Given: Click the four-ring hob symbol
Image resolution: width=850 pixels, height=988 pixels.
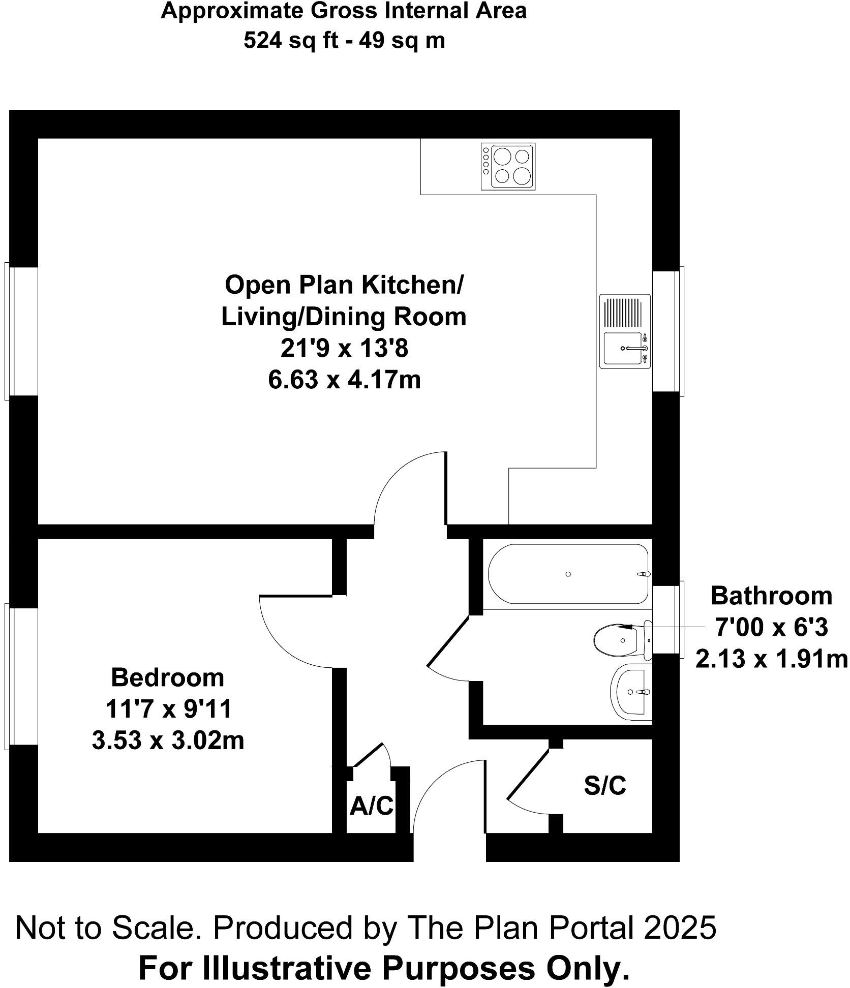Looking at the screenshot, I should point(508,167).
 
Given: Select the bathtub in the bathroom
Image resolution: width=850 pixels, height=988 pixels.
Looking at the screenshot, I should point(568,574).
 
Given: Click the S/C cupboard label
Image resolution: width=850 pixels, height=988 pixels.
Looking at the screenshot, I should point(604,786).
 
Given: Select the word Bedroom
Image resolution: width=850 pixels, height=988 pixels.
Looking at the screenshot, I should point(167,677).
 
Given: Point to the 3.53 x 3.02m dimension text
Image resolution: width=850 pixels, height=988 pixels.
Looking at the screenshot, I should point(168,740).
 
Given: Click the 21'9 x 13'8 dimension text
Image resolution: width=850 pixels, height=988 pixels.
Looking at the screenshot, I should point(344,348).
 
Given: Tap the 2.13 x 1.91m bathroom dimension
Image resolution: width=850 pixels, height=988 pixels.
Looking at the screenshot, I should point(771,660).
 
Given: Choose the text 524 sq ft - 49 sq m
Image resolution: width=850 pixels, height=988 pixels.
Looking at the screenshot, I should point(344,40).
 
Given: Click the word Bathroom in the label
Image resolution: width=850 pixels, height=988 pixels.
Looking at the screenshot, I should point(771,596).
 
